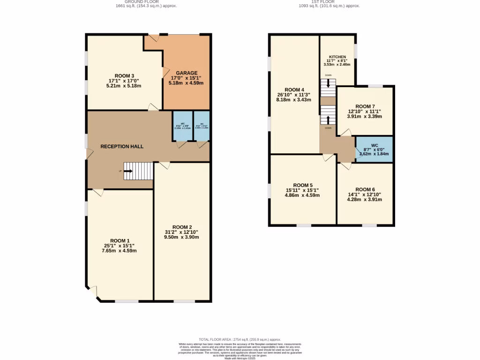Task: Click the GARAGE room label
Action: point(186,73)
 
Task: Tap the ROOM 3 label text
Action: point(124,75)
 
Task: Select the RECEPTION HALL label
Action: point(122,146)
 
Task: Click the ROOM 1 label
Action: point(119,240)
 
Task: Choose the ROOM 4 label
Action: point(294,90)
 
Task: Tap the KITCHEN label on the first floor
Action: point(337,57)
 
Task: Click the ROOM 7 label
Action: point(364,106)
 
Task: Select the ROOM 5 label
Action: point(302,185)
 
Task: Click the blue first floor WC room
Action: point(374,149)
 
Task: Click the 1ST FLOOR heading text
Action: point(329,2)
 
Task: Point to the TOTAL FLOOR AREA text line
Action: point(240,339)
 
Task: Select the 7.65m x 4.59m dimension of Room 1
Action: point(119,251)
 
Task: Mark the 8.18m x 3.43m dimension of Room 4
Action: point(294,100)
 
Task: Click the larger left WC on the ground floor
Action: point(182,126)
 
